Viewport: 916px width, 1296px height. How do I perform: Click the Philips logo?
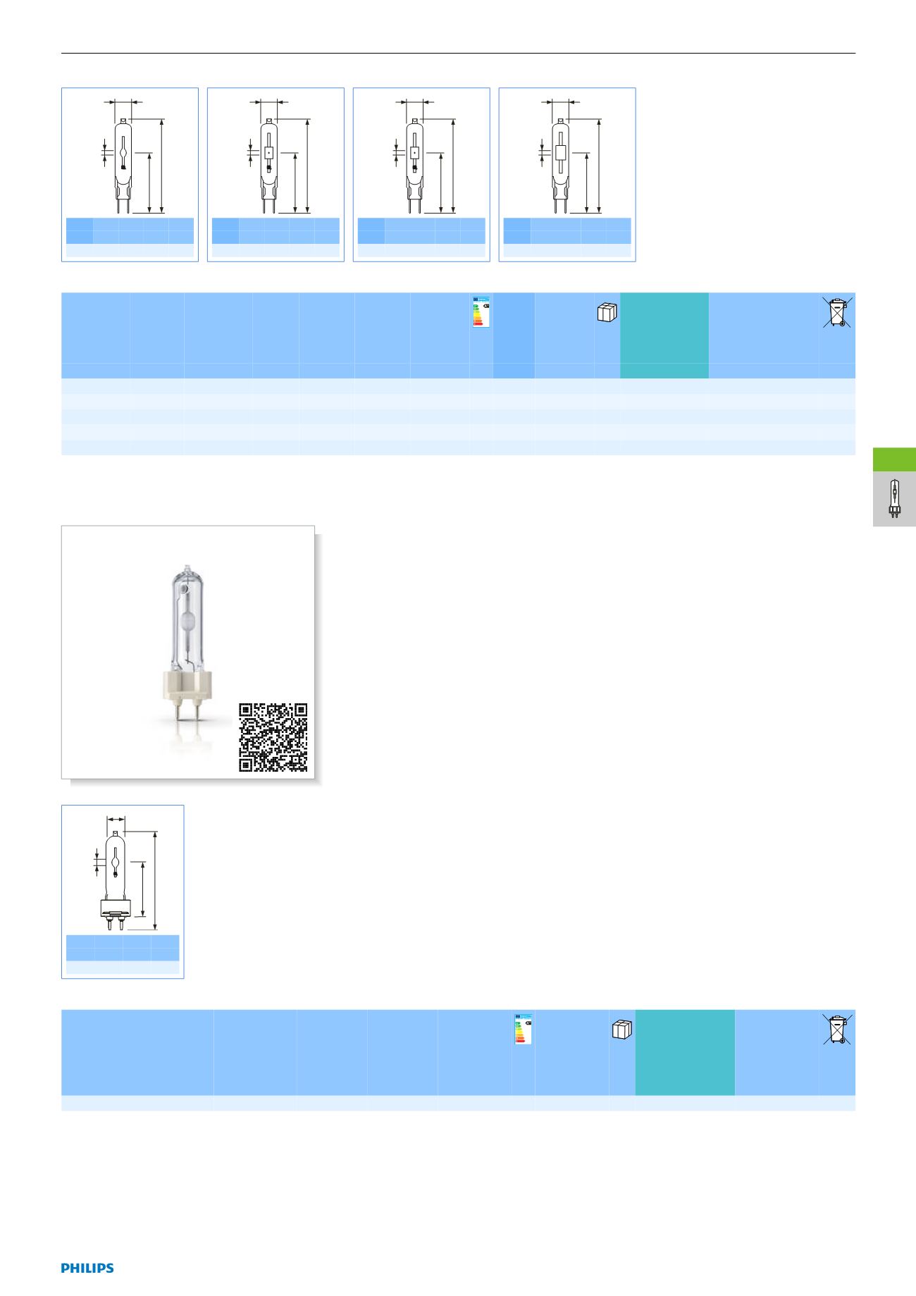(x=87, y=1268)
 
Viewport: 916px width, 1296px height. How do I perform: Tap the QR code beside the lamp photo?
(x=273, y=737)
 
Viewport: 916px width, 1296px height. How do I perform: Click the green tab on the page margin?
(x=894, y=459)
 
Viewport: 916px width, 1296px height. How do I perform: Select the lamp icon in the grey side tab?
(x=894, y=499)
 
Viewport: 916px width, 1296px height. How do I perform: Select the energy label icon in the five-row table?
(x=481, y=311)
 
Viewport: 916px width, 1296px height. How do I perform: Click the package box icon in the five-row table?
(x=607, y=312)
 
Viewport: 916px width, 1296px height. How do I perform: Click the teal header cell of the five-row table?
(x=664, y=335)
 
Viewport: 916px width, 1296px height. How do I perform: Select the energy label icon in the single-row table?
(x=523, y=1029)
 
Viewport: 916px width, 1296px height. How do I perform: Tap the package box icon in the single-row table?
(x=622, y=1030)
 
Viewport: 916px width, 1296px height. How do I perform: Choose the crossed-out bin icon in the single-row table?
(x=838, y=1029)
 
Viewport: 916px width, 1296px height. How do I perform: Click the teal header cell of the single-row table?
(x=685, y=1052)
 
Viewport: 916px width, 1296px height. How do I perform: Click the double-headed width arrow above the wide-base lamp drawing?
(x=116, y=819)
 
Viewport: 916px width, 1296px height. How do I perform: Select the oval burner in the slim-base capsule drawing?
(x=123, y=150)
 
